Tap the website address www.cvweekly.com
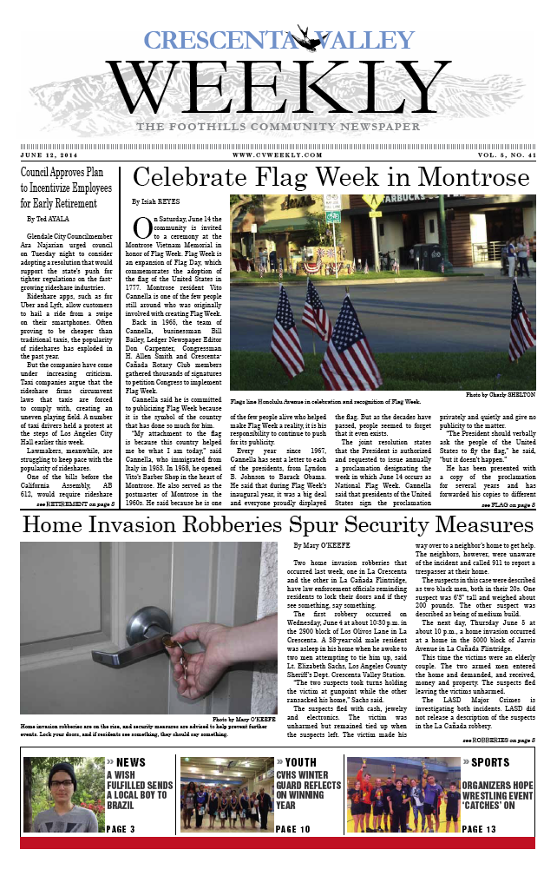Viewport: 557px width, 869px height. (x=278, y=155)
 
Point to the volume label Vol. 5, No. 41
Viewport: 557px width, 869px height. (x=502, y=155)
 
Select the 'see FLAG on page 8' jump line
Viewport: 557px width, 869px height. (x=508, y=503)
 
